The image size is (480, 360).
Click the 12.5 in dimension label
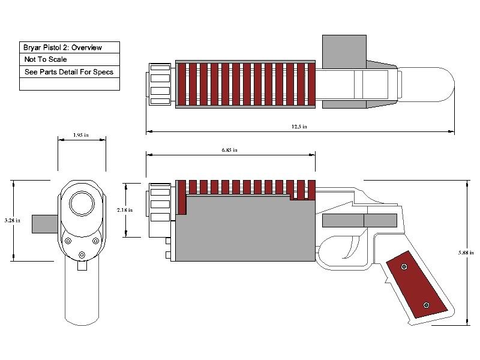(299, 127)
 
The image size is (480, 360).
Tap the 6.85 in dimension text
(230, 150)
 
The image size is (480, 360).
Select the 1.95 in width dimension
(81, 135)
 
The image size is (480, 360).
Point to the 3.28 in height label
(13, 220)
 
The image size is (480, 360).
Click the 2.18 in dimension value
(125, 210)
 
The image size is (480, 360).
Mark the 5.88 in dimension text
(466, 253)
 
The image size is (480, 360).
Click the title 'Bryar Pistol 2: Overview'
(62, 47)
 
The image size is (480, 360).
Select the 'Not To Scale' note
(46, 59)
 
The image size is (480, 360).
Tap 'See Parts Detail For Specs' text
(69, 72)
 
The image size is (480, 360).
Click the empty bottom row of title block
(70, 84)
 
